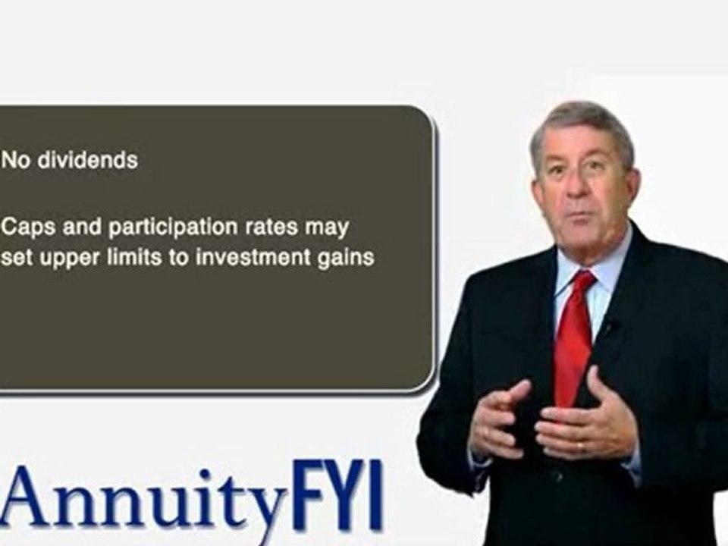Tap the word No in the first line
pyautogui.click(x=14, y=161)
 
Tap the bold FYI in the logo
pyautogui.click(x=336, y=494)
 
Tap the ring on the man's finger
pyautogui.click(x=582, y=447)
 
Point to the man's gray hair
pyautogui.click(x=580, y=121)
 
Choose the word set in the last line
pyautogui.click(x=17, y=256)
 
